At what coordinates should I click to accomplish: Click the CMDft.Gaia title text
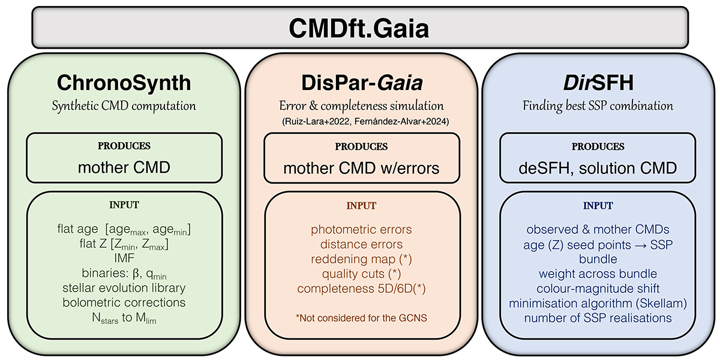point(360,28)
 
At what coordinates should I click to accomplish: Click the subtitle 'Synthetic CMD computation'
point(124,106)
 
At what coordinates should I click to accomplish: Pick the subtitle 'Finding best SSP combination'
point(598,106)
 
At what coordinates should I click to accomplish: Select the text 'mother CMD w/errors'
point(361,168)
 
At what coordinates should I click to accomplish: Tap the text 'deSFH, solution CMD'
point(598,168)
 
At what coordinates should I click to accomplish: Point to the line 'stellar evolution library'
point(124,288)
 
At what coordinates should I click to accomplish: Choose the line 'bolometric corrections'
point(124,302)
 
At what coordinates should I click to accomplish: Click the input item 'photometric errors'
point(361,230)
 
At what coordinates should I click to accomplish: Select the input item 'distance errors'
point(361,244)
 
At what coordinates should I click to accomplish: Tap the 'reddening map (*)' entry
point(361,259)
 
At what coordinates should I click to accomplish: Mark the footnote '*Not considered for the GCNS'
point(361,317)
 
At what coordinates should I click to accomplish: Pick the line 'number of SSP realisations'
point(598,317)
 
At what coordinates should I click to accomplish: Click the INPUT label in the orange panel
point(361,206)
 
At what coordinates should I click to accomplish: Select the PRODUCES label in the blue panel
point(598,146)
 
